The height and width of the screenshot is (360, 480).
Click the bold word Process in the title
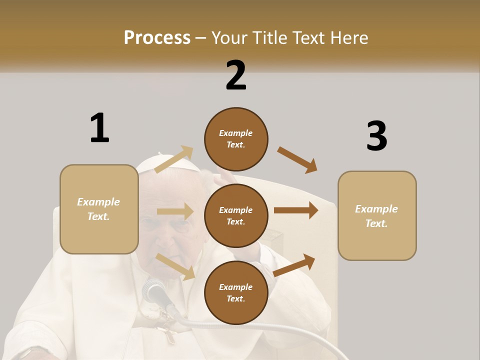click(x=157, y=38)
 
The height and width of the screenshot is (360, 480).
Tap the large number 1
click(x=99, y=128)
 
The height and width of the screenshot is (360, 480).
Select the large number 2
click(x=236, y=75)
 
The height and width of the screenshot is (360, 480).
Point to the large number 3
click(x=376, y=136)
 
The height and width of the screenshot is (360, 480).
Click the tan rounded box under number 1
click(x=99, y=209)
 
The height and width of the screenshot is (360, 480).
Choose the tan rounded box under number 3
click(x=377, y=215)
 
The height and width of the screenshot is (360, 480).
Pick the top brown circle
click(x=236, y=139)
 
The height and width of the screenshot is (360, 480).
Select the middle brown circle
click(x=236, y=215)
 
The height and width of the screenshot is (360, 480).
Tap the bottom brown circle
click(x=236, y=292)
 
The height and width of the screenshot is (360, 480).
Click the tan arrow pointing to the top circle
click(x=174, y=159)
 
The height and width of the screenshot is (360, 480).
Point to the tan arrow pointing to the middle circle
click(x=175, y=211)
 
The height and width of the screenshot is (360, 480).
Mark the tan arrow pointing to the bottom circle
click(x=175, y=266)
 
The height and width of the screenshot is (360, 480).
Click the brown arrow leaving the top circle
click(x=297, y=159)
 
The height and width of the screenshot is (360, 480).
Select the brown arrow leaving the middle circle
click(x=296, y=210)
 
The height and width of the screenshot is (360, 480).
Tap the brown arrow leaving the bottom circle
click(x=294, y=265)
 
